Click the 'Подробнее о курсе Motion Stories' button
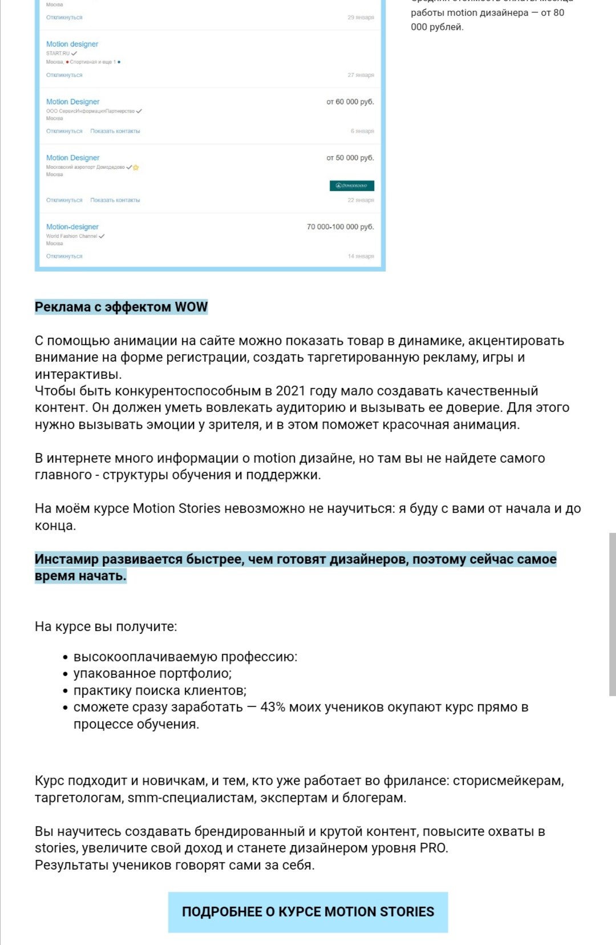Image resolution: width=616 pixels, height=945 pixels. point(308,911)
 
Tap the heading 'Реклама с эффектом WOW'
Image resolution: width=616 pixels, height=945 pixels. point(121,307)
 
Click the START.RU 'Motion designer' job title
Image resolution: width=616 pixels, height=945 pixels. point(72,44)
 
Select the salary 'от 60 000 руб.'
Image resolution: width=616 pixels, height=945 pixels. point(350,102)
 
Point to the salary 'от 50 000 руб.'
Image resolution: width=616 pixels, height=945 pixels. point(350,157)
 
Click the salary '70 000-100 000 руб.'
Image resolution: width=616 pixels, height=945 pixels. point(341,227)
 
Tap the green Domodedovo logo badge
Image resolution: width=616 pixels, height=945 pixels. point(352,185)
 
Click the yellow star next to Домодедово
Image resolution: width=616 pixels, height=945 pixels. point(136,167)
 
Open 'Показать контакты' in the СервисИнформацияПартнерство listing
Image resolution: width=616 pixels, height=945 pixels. point(115,131)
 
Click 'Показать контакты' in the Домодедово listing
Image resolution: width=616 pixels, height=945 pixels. point(115,200)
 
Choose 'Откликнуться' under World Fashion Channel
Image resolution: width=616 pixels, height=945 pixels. point(64,256)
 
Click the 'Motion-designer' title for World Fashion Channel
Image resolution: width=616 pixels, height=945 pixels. point(72,227)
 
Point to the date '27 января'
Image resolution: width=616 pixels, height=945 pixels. point(361,75)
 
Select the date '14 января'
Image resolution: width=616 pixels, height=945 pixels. point(361,256)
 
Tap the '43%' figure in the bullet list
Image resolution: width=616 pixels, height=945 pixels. point(273,707)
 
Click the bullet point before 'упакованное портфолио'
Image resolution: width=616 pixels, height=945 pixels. point(66,675)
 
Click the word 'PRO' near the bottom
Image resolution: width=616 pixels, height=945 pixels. point(433,848)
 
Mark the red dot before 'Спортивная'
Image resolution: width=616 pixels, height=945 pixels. point(67,62)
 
